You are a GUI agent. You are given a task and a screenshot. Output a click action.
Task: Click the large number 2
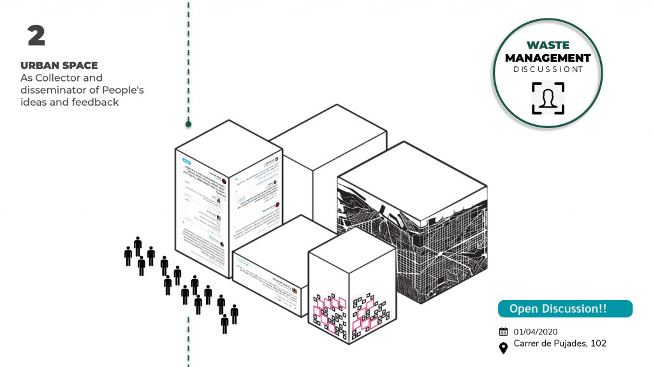(36, 36)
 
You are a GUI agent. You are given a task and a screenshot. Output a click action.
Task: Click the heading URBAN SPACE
(59, 66)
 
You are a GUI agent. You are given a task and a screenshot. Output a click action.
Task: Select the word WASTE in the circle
(548, 46)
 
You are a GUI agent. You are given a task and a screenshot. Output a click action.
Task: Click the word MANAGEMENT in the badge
(548, 58)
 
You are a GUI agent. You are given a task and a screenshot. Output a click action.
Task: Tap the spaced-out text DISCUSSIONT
(548, 69)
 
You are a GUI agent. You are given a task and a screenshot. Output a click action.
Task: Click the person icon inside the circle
(548, 98)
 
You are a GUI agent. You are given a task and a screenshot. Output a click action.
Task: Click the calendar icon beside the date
(503, 331)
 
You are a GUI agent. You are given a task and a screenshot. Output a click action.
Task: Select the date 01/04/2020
(536, 331)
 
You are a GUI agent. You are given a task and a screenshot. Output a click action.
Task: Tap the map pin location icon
(503, 347)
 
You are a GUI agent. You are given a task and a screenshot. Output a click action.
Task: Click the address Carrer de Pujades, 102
(560, 344)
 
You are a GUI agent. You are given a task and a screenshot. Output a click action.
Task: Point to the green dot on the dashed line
(189, 124)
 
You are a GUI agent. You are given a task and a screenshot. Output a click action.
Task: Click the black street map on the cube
(440, 242)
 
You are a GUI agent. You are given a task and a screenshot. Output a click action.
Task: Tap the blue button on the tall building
(187, 161)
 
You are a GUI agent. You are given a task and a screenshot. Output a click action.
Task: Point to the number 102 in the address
(598, 344)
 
